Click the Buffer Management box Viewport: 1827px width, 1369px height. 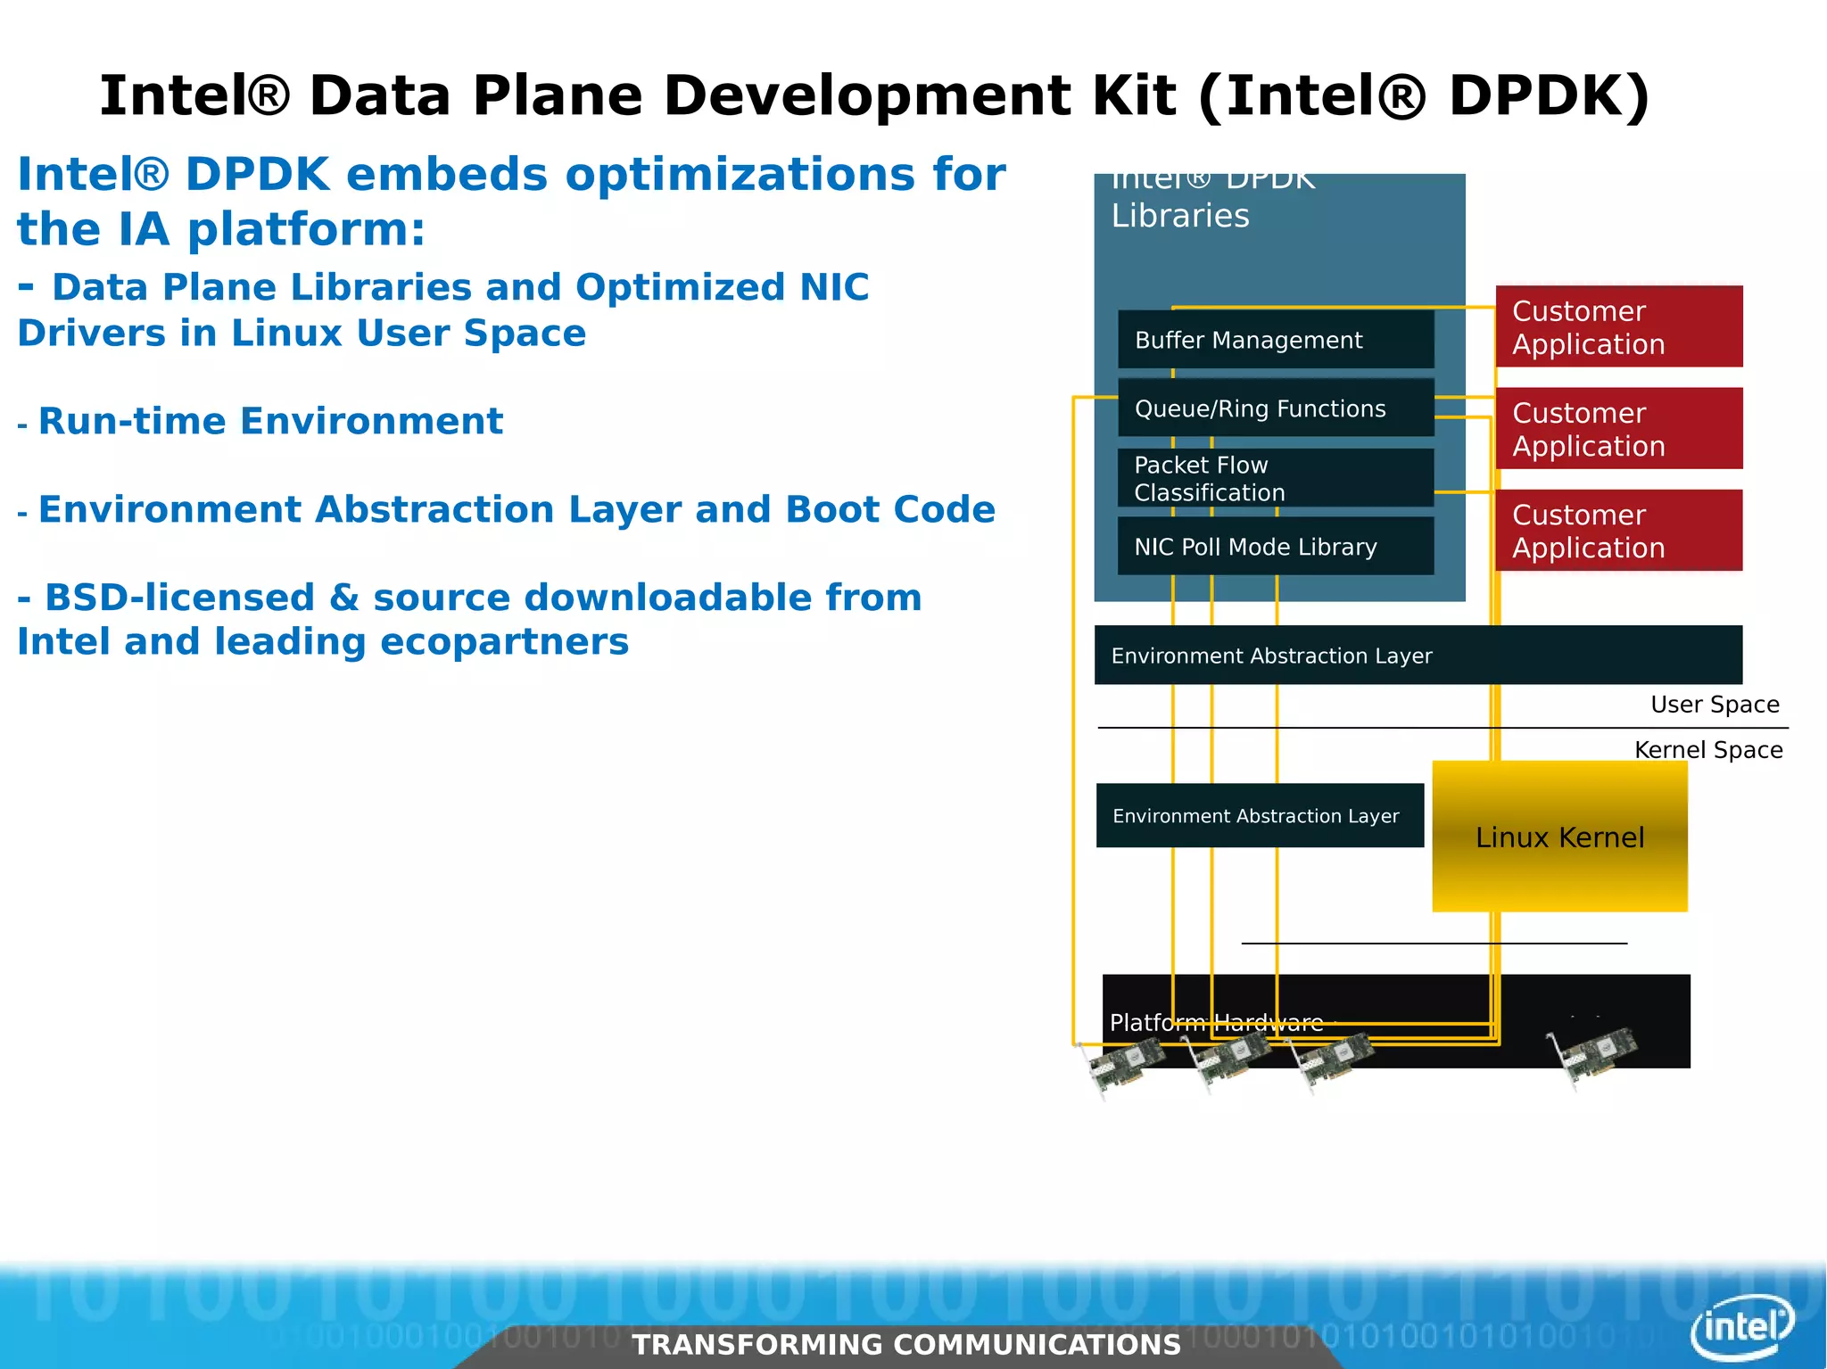click(1275, 340)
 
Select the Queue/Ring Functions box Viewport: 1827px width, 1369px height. click(1275, 408)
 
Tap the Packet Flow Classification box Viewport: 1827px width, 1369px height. click(1275, 478)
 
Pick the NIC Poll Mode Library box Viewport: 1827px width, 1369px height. click(1275, 547)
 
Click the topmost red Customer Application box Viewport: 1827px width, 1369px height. click(1618, 327)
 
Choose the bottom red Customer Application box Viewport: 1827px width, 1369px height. click(1618, 531)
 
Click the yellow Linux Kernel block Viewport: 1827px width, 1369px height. click(1559, 837)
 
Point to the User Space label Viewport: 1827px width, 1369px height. click(1714, 705)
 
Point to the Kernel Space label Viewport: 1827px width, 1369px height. click(1707, 750)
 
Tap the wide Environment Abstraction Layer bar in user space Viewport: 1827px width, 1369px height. click(1418, 656)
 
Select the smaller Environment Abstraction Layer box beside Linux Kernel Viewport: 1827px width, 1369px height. click(1259, 816)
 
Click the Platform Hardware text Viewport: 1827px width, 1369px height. click(1216, 1023)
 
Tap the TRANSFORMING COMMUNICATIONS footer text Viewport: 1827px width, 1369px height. click(905, 1344)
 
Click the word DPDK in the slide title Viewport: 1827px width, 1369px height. click(1548, 95)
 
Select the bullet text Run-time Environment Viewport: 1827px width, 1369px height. click(270, 421)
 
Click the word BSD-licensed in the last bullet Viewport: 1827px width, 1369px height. click(180, 598)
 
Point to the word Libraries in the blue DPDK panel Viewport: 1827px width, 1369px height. click(1179, 216)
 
